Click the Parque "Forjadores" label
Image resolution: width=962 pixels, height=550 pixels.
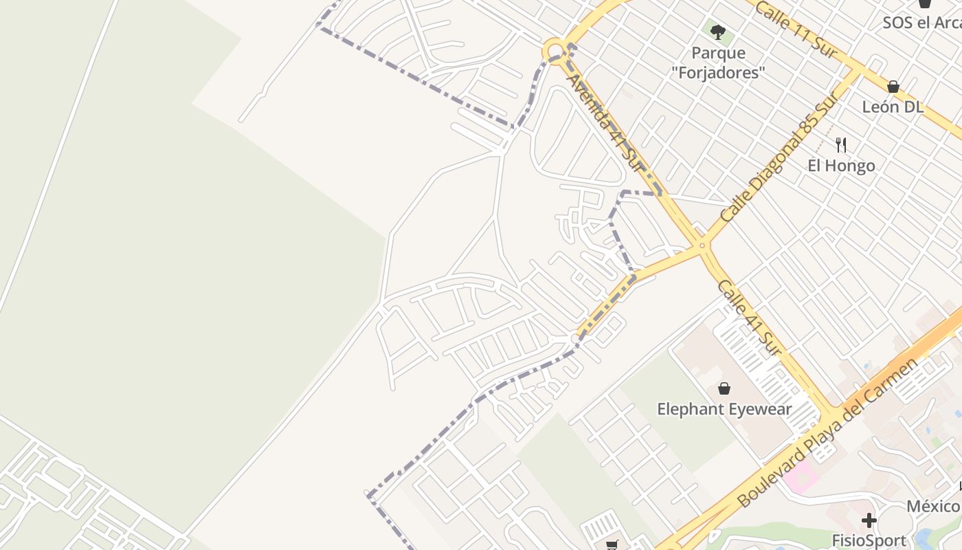click(x=718, y=63)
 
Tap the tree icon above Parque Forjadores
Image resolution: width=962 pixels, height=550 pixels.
click(x=718, y=32)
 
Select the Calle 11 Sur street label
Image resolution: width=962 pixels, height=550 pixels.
click(x=796, y=29)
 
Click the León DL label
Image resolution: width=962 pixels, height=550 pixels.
click(x=893, y=107)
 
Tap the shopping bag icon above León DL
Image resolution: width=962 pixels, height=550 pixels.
click(x=893, y=87)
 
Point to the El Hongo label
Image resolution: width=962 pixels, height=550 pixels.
click(x=841, y=166)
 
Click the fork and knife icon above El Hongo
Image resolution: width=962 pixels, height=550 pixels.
click(x=840, y=144)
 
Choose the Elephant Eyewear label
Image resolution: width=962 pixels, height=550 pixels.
click(x=724, y=410)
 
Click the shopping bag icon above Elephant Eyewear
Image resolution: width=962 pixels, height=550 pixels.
click(x=724, y=388)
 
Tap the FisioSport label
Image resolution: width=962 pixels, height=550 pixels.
click(x=869, y=540)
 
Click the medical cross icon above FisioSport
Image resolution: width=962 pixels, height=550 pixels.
click(x=869, y=520)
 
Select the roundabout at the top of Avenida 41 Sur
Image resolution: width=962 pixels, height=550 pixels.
click(x=555, y=50)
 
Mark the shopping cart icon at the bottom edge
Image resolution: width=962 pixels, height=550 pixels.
click(x=612, y=545)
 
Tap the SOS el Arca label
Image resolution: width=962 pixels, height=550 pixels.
click(x=921, y=23)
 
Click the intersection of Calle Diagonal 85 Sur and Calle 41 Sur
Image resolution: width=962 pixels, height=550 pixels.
click(x=702, y=245)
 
